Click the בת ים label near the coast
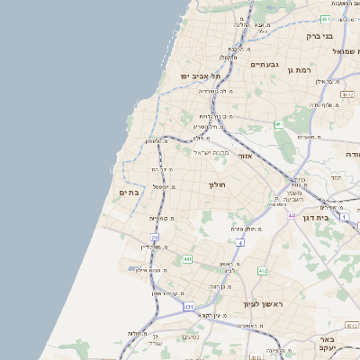(x=130, y=191)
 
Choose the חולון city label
(x=218, y=184)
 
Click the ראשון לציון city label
(x=262, y=304)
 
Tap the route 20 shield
(x=155, y=238)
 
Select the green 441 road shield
(x=187, y=259)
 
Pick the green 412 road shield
(x=262, y=270)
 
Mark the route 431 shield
(x=189, y=307)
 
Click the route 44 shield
(x=292, y=215)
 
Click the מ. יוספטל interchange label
(x=163, y=187)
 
